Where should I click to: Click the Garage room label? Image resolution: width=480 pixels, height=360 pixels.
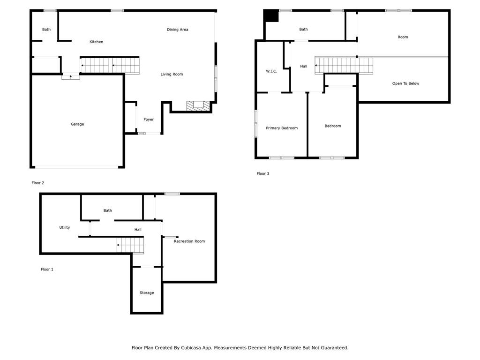point(77,124)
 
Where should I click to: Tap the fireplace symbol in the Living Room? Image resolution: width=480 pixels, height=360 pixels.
point(196,106)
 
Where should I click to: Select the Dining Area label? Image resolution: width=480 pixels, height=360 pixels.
point(178,30)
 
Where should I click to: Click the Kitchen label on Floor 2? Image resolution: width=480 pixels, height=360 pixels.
point(96,42)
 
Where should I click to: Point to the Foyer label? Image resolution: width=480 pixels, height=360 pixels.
point(149,120)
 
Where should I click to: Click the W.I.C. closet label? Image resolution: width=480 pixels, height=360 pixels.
point(271,71)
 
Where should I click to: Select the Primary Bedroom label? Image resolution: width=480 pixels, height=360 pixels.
point(282,128)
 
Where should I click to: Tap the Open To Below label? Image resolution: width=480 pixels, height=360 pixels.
point(405,83)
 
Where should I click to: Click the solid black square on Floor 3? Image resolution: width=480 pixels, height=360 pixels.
point(270,15)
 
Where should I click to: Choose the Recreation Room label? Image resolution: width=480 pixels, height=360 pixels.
point(189,241)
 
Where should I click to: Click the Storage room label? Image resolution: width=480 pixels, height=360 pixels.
point(147,293)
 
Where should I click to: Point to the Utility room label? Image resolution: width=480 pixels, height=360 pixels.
point(65,227)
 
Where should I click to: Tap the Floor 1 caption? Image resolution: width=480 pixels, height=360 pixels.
point(47,270)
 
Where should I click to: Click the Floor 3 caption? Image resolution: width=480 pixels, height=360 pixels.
point(263,174)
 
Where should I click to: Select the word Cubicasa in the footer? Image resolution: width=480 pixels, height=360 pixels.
point(192,348)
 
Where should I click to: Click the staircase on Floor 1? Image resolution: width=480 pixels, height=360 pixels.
point(130,245)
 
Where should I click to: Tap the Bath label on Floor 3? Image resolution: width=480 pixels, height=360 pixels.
point(304,30)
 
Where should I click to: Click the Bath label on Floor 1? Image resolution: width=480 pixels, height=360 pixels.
point(108,210)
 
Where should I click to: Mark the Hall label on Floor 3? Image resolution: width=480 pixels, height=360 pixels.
point(304,67)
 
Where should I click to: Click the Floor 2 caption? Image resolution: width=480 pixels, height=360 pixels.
point(37,183)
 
